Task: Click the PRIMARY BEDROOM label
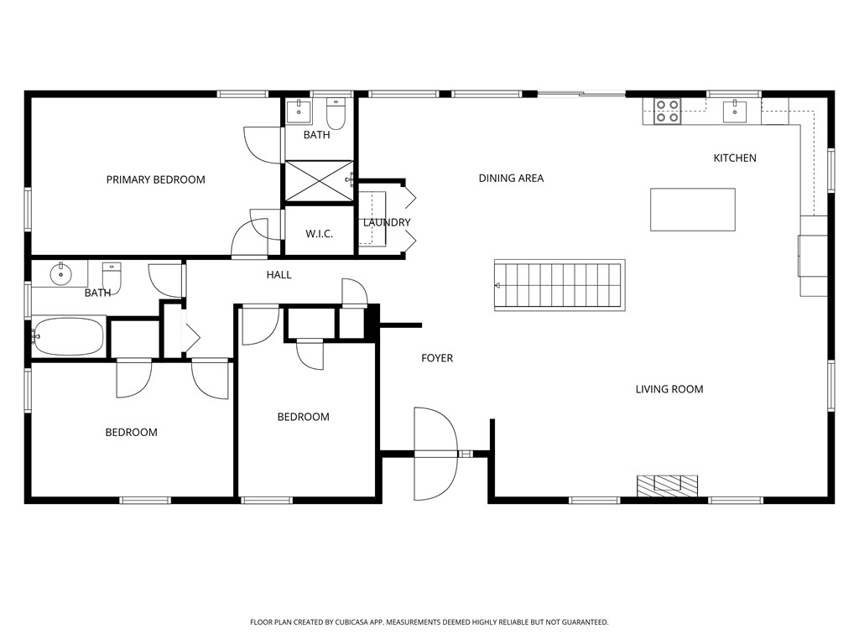(x=155, y=179)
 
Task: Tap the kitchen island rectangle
(x=693, y=210)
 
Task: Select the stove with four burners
(x=668, y=112)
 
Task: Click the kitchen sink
(x=735, y=110)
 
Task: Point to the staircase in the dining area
(x=560, y=285)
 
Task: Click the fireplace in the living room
(x=667, y=484)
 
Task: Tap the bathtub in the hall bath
(x=69, y=337)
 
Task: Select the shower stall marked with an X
(x=319, y=179)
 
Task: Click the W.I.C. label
(x=319, y=234)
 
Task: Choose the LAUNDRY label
(x=387, y=222)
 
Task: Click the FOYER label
(x=437, y=358)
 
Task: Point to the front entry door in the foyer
(x=435, y=453)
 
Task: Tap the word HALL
(x=279, y=274)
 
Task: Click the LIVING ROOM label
(x=669, y=389)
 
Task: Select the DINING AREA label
(x=511, y=178)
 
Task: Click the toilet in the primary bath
(x=336, y=111)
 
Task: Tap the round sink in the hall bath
(x=60, y=273)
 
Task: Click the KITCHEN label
(x=735, y=158)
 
